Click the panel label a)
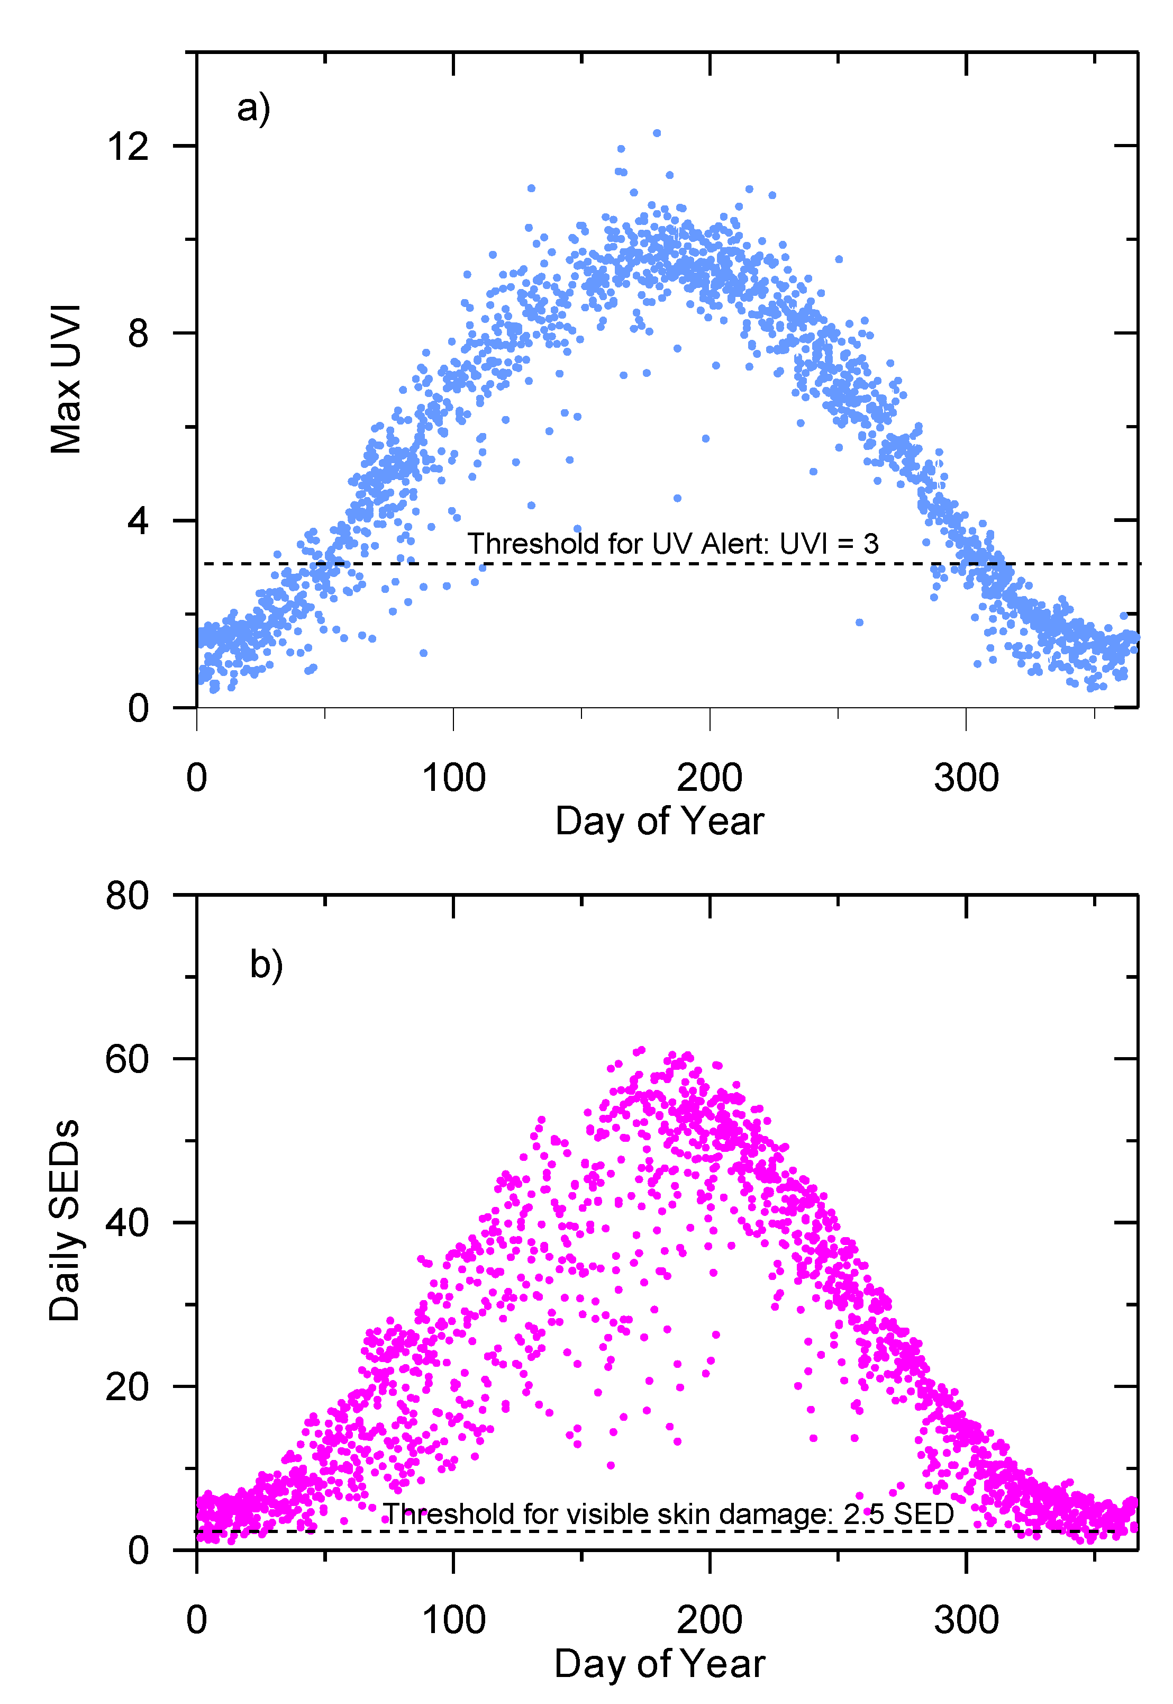(x=253, y=109)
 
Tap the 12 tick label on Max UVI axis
(x=128, y=146)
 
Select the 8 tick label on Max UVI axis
(x=138, y=333)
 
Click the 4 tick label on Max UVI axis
(x=138, y=521)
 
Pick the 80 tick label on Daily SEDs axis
(x=127, y=895)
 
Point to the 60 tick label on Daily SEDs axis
(x=127, y=1059)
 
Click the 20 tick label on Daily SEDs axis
(x=127, y=1387)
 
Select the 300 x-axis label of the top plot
(x=966, y=778)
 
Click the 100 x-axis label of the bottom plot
(x=453, y=1620)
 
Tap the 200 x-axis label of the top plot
(x=709, y=778)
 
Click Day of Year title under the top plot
(x=659, y=821)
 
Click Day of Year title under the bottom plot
(x=659, y=1664)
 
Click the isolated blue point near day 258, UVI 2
(x=859, y=623)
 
